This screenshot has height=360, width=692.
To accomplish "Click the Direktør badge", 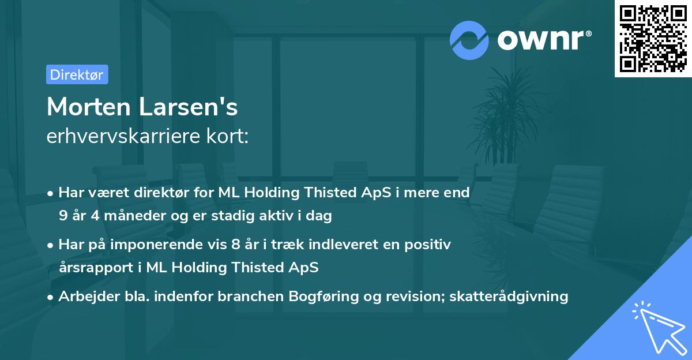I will point(77,74).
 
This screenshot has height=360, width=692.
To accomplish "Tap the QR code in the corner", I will point(653,39).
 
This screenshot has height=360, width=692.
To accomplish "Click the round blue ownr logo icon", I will point(469,40).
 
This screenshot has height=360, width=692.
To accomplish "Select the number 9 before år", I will point(62,216).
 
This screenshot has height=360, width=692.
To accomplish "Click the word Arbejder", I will point(85,297).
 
